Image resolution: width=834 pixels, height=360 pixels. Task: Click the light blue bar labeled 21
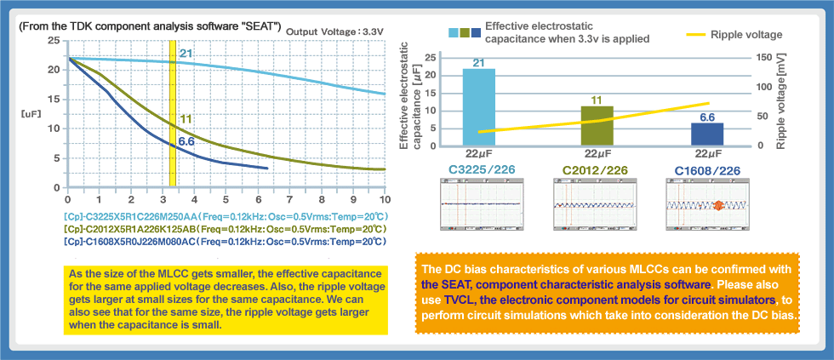pyautogui.click(x=478, y=107)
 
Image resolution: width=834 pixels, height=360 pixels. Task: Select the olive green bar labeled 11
pyautogui.click(x=596, y=125)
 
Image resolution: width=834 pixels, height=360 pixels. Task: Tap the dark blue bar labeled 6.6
pyautogui.click(x=707, y=134)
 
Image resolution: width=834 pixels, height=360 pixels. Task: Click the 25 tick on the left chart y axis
pyautogui.click(x=54, y=40)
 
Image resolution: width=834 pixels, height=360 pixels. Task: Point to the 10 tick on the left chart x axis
pyautogui.click(x=385, y=198)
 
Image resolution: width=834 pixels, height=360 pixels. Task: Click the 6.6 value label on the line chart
pyautogui.click(x=187, y=141)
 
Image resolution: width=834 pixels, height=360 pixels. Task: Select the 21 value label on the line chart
pyautogui.click(x=186, y=54)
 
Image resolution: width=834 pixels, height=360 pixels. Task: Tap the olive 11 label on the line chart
pyautogui.click(x=186, y=118)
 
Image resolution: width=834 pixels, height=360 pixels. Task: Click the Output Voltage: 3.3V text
pyautogui.click(x=335, y=31)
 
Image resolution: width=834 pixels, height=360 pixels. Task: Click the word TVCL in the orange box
pyautogui.click(x=460, y=301)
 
